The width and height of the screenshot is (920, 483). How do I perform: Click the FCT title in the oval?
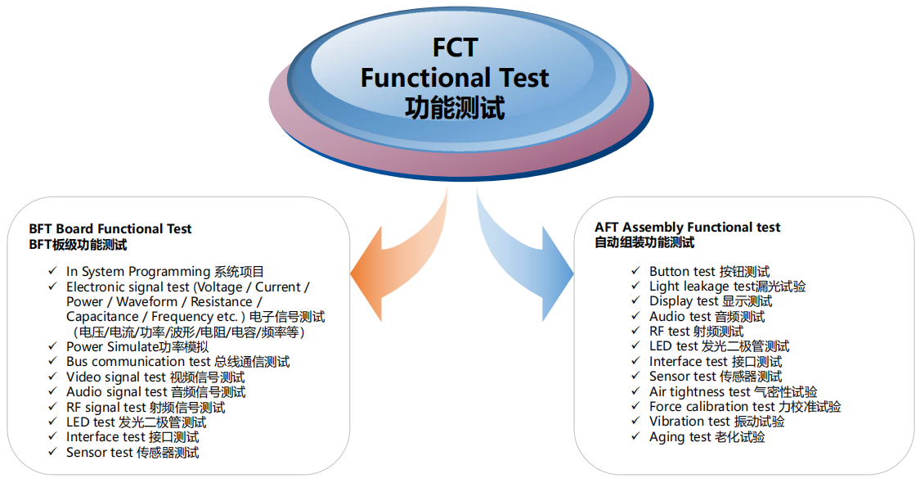455,47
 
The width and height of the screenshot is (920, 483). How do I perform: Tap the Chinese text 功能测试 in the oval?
455,108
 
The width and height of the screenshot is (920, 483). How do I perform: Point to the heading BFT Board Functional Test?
110,228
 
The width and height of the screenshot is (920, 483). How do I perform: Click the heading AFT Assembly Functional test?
687,228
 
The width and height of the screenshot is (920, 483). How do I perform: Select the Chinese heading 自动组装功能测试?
644,242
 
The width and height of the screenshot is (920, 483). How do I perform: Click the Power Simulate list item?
137,346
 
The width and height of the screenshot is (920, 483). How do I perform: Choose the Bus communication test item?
177,361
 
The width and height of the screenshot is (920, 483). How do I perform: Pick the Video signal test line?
155,377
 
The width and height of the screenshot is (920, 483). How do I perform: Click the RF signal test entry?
146,407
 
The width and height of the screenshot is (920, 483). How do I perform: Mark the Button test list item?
709,272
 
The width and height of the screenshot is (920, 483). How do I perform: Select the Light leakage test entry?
728,287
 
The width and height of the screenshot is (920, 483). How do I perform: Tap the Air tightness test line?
734,391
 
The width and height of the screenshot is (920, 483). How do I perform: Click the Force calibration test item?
745,406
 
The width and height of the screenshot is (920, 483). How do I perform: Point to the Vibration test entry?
717,422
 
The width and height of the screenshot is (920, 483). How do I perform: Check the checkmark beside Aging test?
635,436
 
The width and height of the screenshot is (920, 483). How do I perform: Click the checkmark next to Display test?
635,300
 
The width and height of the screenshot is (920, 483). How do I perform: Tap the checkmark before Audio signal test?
53,390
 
